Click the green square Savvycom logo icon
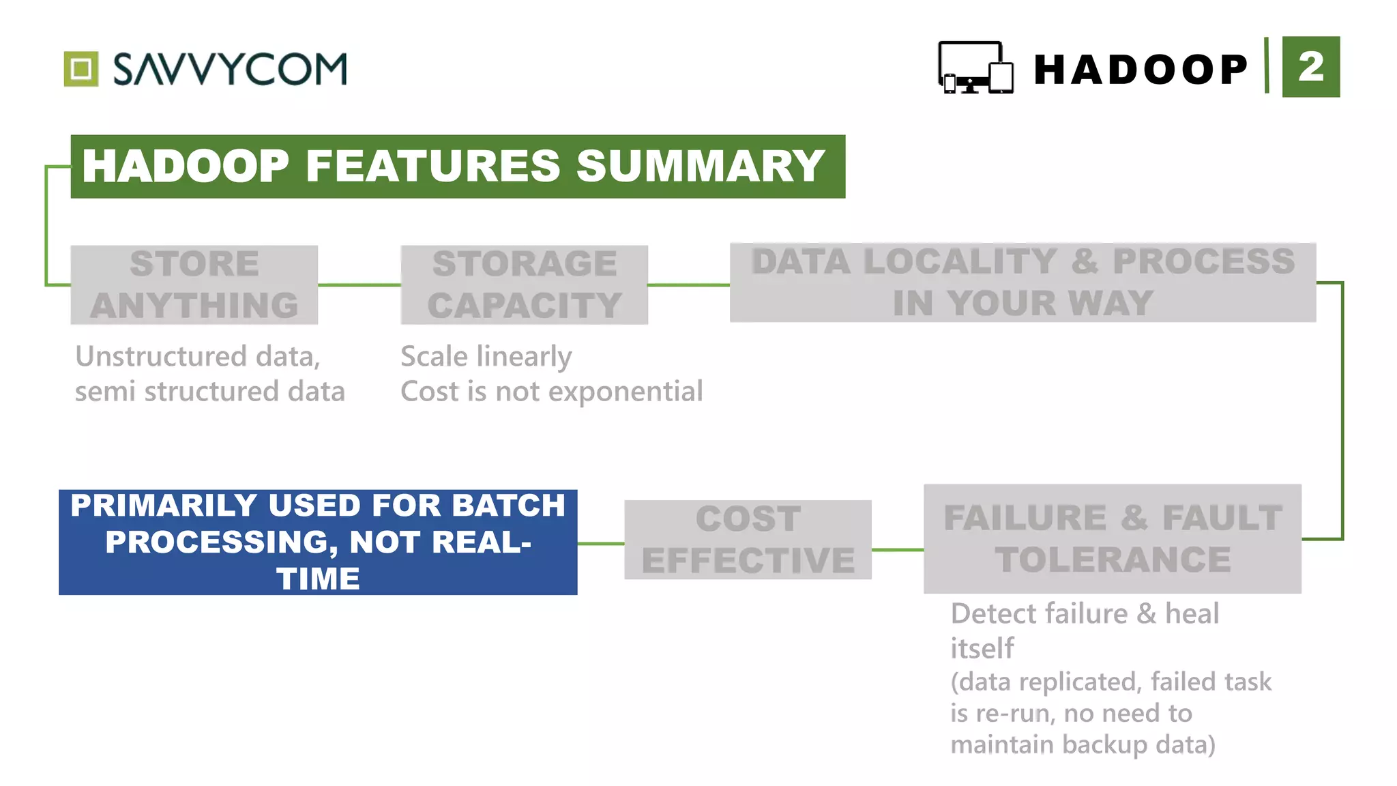[81, 69]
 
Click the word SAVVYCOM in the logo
[230, 69]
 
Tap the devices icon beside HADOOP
[975, 68]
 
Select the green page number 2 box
[1310, 67]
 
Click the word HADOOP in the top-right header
[1141, 70]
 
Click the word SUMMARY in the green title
[701, 166]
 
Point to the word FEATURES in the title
[433, 166]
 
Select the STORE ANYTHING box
[194, 285]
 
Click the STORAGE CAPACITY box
[524, 285]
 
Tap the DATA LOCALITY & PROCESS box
[1022, 282]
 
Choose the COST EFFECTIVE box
[748, 540]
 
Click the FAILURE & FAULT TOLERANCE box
[1112, 539]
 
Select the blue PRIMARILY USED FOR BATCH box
[318, 542]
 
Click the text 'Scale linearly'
[486, 356]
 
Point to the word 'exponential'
[625, 392]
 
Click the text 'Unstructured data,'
[198, 356]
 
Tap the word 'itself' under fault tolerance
[982, 648]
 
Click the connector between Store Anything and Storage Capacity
[359, 285]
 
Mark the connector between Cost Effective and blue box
[601, 544]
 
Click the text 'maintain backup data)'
[1083, 744]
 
